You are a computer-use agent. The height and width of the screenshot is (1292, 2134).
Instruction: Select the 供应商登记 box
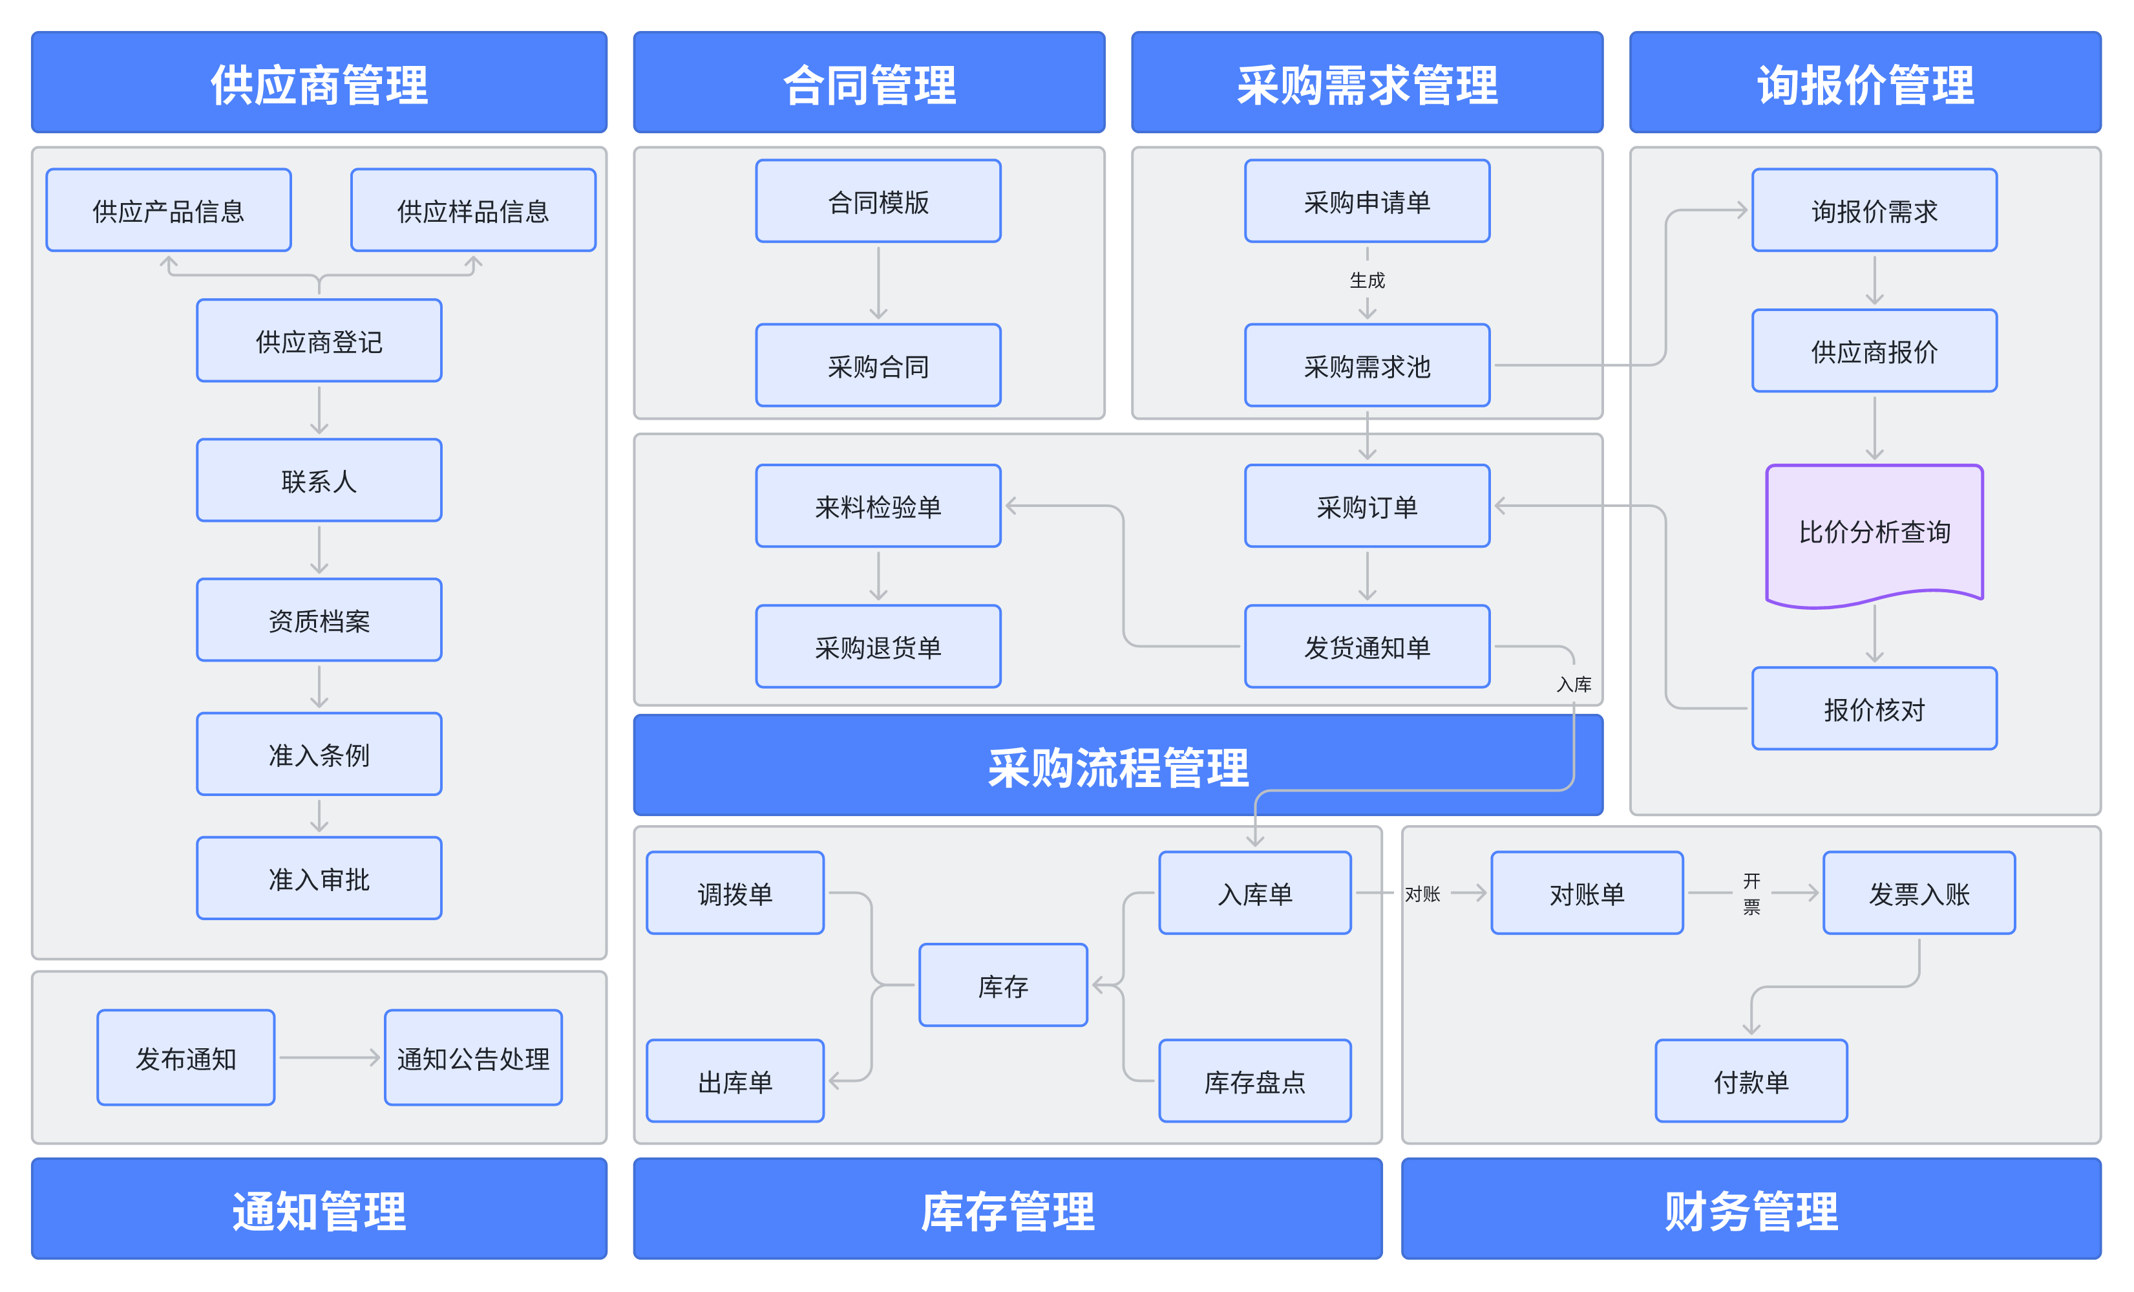pos(319,341)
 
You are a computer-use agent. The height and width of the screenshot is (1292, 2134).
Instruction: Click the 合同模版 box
pos(878,201)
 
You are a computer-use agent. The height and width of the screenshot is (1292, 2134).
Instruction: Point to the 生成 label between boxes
pos(1367,280)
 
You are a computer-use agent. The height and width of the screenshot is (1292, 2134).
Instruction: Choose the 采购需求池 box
pos(1367,365)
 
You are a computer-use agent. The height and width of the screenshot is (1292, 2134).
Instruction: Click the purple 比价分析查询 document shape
pos(1874,531)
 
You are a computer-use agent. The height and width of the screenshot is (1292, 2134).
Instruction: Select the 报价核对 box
pos(1874,708)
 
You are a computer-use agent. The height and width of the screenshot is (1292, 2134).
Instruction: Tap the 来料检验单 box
pos(878,506)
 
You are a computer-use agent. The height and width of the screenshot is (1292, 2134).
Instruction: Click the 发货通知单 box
pos(1367,647)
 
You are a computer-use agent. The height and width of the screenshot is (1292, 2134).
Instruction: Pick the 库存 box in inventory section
pos(1003,985)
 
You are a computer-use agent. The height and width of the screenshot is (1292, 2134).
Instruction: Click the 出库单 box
pos(734,1081)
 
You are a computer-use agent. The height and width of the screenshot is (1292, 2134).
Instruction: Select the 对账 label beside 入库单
pos(1422,894)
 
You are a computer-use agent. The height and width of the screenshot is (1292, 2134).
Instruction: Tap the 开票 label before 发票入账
pos(1751,894)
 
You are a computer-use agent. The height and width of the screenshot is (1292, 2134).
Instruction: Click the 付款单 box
pos(1750,1081)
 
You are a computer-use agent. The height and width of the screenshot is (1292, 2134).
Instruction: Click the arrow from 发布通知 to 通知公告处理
pos(329,1057)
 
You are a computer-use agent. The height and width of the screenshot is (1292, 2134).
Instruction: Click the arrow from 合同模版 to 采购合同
pos(878,283)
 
